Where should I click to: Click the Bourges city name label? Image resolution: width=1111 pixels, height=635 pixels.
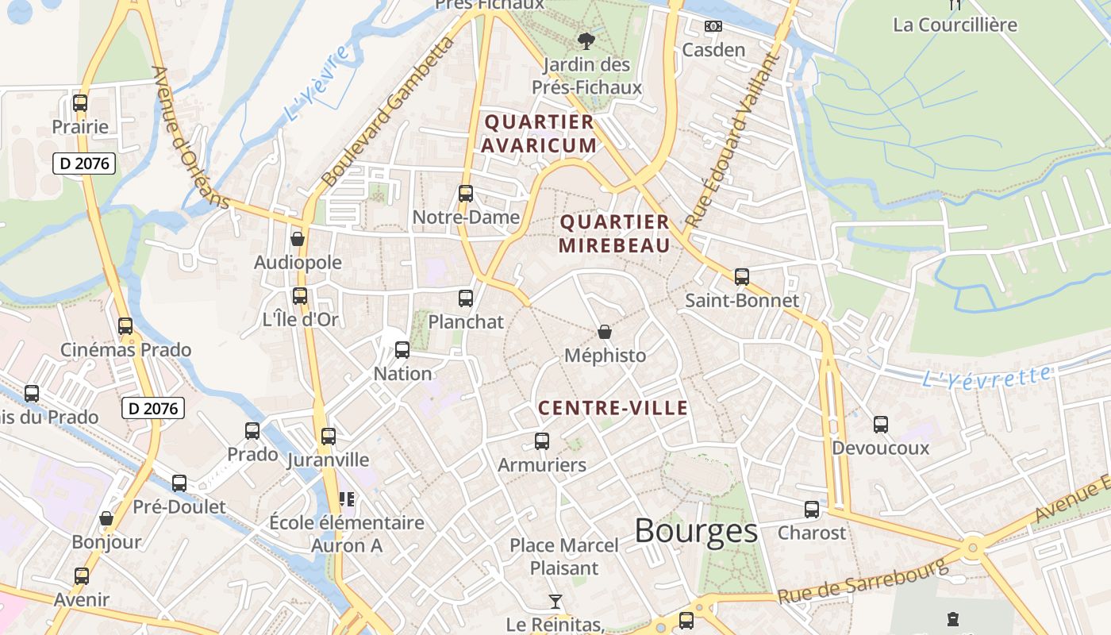(x=696, y=531)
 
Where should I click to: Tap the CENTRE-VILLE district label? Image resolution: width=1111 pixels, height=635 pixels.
(x=613, y=408)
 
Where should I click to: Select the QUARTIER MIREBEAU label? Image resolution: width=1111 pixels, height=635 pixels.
(x=614, y=233)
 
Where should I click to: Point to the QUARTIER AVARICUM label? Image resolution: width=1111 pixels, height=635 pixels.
(x=539, y=133)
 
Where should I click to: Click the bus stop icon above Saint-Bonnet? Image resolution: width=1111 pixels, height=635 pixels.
(x=742, y=277)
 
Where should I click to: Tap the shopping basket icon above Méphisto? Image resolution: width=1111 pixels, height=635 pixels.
(x=605, y=332)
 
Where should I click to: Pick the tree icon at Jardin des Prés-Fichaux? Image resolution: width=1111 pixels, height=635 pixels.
(x=586, y=40)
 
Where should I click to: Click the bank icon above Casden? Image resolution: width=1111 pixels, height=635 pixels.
(x=713, y=26)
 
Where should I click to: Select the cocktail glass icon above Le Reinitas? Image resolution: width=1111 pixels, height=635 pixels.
(x=555, y=602)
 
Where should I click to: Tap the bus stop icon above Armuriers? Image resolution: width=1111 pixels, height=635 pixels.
(x=542, y=441)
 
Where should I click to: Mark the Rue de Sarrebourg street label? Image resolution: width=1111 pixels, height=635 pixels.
(x=863, y=581)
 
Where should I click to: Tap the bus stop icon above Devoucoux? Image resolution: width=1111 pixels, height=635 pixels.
(x=881, y=425)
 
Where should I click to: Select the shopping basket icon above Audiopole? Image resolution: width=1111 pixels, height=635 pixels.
(x=298, y=239)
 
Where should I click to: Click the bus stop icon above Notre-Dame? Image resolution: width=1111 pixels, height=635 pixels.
(x=466, y=193)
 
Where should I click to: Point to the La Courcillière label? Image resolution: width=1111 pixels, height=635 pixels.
(x=955, y=25)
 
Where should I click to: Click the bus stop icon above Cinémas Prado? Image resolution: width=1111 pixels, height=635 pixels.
(x=125, y=326)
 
